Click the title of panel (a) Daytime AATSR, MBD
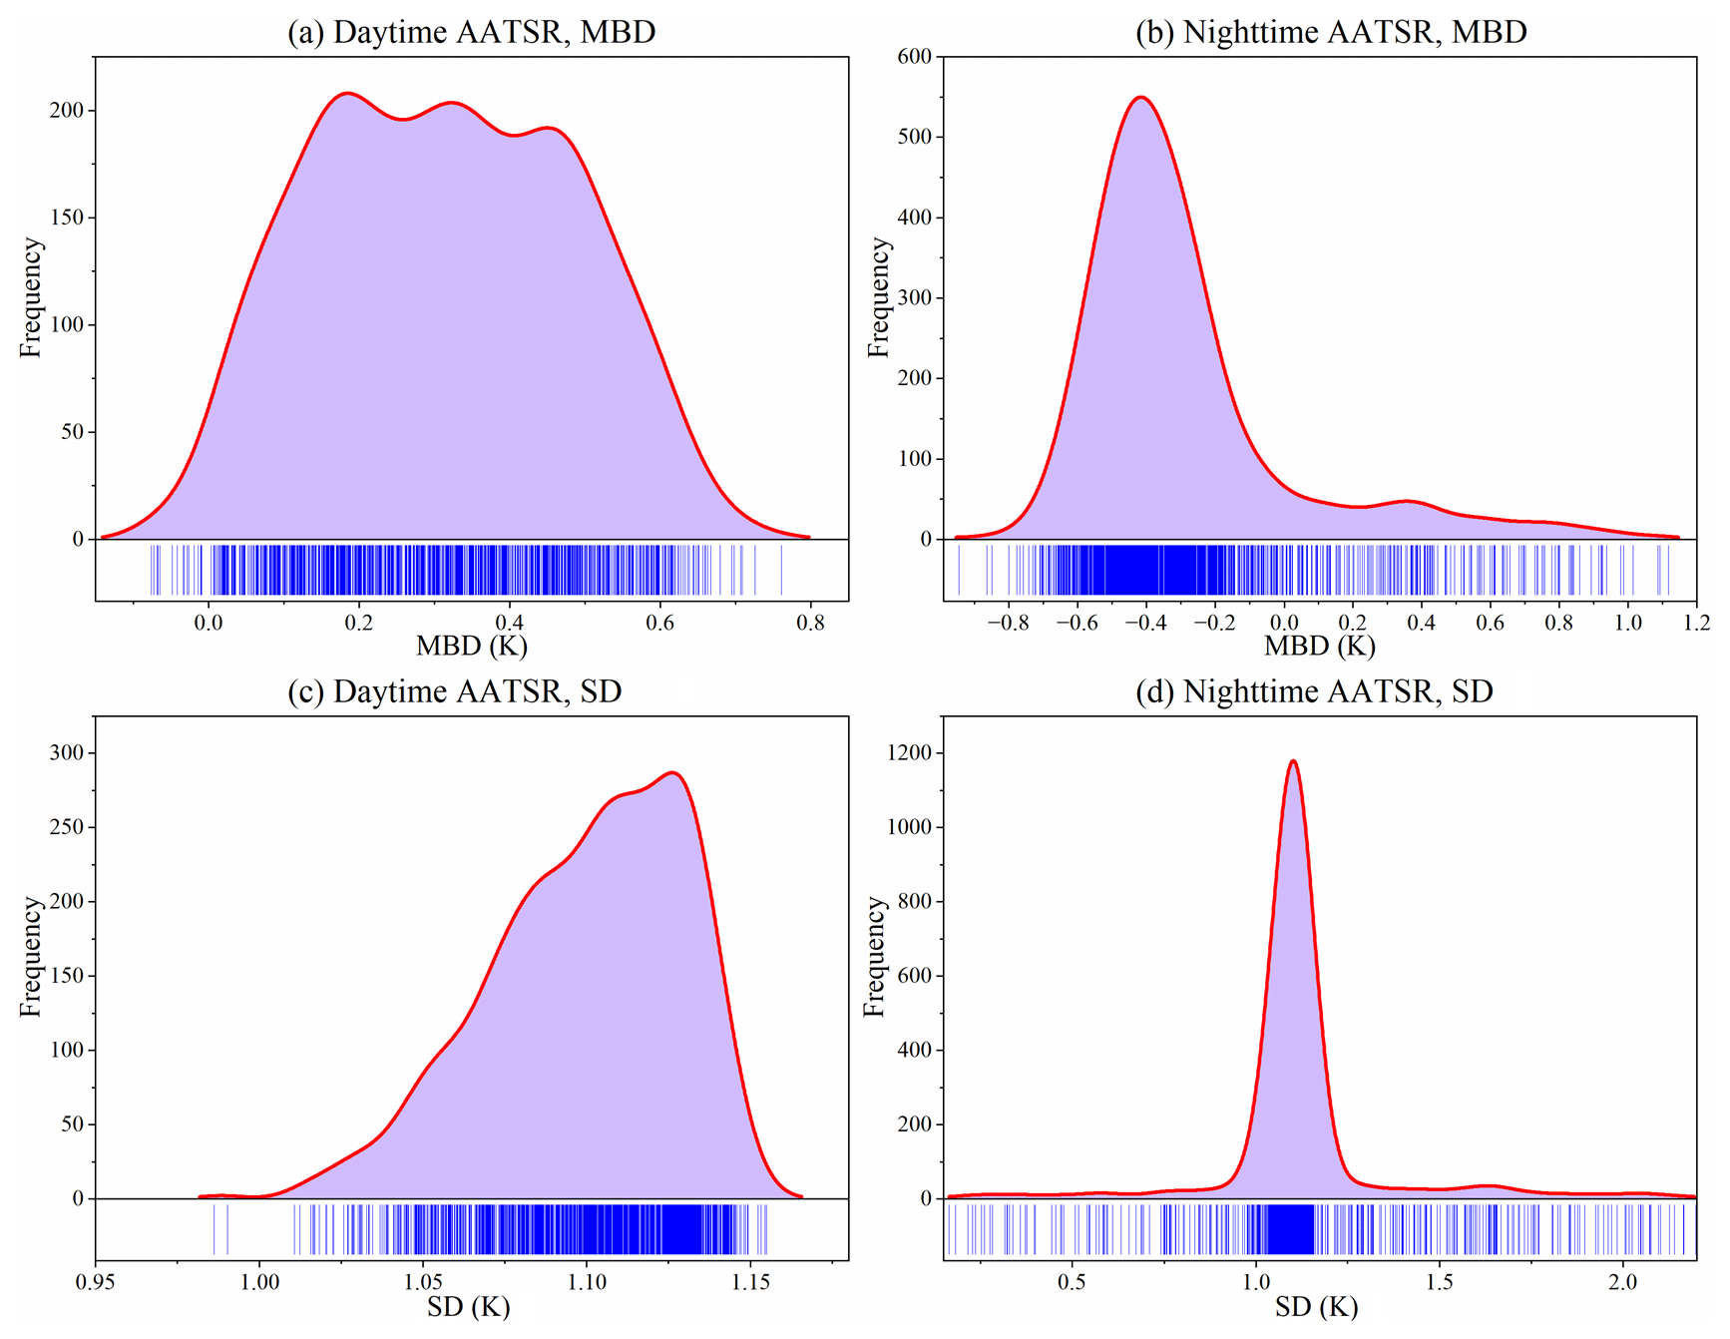click(x=471, y=32)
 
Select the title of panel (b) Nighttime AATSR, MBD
click(x=1331, y=32)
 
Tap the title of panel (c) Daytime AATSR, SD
click(x=454, y=691)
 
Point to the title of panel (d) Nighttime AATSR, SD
click(x=1314, y=691)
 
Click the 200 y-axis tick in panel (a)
click(x=67, y=111)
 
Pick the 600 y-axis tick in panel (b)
click(x=914, y=57)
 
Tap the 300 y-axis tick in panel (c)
click(x=67, y=753)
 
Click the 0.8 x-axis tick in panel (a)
click(x=810, y=624)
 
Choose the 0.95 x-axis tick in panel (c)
click(x=96, y=1282)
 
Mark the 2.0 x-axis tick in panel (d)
click(x=1623, y=1282)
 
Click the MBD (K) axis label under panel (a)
click(x=471, y=647)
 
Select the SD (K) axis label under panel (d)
click(x=1316, y=1306)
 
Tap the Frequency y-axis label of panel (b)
click(x=877, y=297)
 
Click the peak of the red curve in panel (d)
click(x=1293, y=761)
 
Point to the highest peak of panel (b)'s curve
click(x=1140, y=98)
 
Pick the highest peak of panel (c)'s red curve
click(x=673, y=772)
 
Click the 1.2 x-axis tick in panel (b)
click(x=1696, y=624)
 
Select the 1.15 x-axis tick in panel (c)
click(x=750, y=1282)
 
